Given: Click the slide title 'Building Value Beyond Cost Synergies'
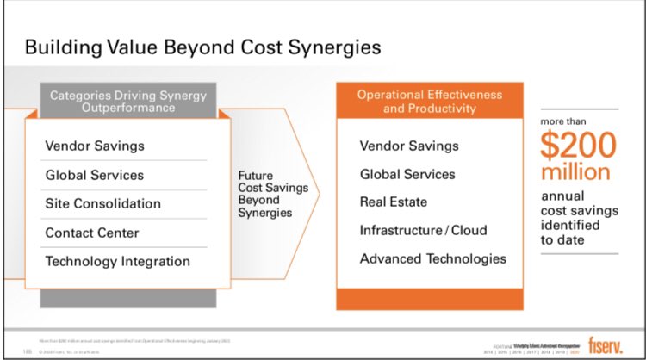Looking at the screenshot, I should pyautogui.click(x=202, y=46).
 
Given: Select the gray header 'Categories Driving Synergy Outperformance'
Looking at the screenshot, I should pyautogui.click(x=127, y=101).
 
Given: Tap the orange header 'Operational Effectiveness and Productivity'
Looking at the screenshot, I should pyautogui.click(x=429, y=101).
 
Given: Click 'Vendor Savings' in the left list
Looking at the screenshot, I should pyautogui.click(x=95, y=146).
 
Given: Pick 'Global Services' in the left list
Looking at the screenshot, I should pyautogui.click(x=95, y=175).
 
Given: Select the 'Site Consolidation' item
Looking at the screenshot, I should pyautogui.click(x=102, y=203).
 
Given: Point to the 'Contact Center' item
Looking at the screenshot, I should pyautogui.click(x=92, y=233).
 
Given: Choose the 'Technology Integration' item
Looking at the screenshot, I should pyautogui.click(x=117, y=261).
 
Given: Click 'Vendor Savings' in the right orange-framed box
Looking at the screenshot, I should pyautogui.click(x=409, y=146).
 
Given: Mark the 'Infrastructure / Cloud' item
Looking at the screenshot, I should pyautogui.click(x=423, y=231).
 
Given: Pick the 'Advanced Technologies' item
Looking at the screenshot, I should pyautogui.click(x=432, y=258).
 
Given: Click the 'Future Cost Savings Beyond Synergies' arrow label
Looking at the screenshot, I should pyautogui.click(x=266, y=194).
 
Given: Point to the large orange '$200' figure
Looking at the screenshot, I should pyautogui.click(x=579, y=146).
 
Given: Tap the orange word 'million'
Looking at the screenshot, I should pyautogui.click(x=575, y=171).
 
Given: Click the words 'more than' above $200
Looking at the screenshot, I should pyautogui.click(x=563, y=121).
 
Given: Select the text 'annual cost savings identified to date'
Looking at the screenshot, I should pyautogui.click(x=578, y=218).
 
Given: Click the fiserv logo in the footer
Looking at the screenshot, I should pyautogui.click(x=606, y=343).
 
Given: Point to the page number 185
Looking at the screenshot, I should pyautogui.click(x=28, y=351).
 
